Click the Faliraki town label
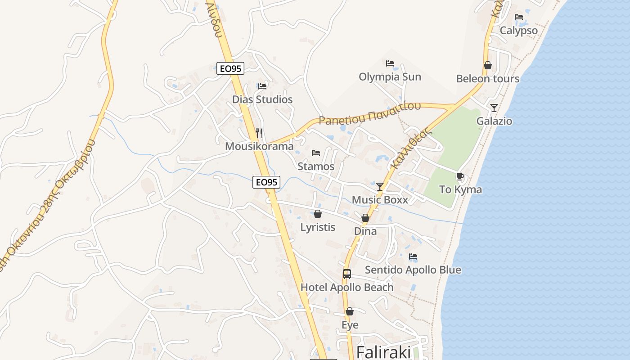point(383,352)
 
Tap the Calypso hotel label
point(519,31)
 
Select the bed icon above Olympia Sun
point(390,63)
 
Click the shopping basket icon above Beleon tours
point(487,65)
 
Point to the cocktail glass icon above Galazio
point(494,108)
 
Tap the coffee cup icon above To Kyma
point(460,176)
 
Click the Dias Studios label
point(262,99)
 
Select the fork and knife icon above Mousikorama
point(259,133)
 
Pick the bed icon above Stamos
point(316,153)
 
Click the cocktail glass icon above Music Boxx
point(380,186)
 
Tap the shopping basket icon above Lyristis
point(318,214)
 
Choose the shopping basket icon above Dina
point(365,218)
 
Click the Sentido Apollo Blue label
point(413,270)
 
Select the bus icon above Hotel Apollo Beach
point(346,274)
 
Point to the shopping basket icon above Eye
point(350,311)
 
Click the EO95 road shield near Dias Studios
point(230,68)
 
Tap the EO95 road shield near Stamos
point(266,182)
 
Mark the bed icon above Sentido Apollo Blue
point(413,256)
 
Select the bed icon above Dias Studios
point(262,86)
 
